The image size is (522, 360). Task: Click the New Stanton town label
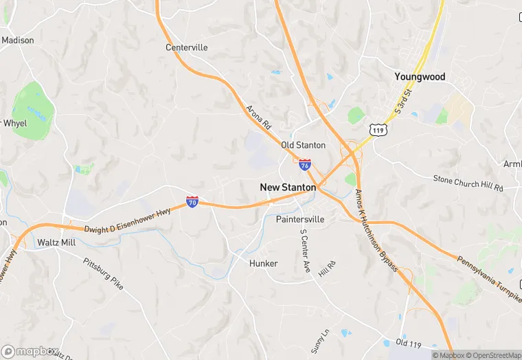point(288,187)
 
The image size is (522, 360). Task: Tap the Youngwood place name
point(420,77)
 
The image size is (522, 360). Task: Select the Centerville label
point(186,47)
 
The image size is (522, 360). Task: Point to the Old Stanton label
point(303,146)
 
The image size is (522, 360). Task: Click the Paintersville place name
point(299,219)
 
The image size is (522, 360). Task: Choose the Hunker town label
point(264,264)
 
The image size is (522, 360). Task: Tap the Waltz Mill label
point(56,243)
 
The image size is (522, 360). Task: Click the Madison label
point(17,41)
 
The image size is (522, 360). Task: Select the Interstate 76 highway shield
point(304,164)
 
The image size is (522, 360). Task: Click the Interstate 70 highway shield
point(192,202)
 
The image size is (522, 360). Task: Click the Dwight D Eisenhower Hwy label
point(128,221)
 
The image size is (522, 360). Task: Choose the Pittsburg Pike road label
point(103,273)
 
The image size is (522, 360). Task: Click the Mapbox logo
point(30,352)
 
